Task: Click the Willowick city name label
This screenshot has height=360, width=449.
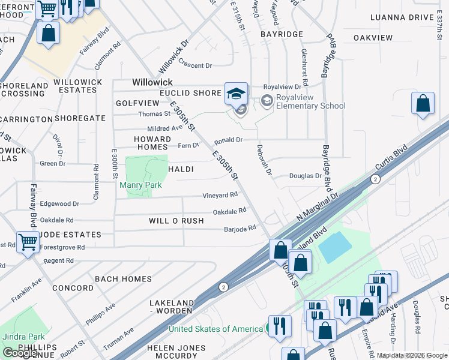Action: coord(152,82)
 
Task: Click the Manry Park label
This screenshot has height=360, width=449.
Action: coord(140,185)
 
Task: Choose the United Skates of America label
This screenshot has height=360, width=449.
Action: coord(215,329)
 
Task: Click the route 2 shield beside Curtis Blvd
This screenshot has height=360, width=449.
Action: coord(375,179)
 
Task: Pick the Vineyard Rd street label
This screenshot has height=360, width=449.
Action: coord(220,195)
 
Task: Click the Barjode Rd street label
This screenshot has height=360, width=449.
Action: coord(240,228)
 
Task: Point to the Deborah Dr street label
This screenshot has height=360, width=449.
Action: coord(265,158)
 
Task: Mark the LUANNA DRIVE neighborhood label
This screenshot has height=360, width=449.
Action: coord(411,17)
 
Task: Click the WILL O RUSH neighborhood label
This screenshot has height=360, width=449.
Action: coord(176,221)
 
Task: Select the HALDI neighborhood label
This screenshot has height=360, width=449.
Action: coord(181,170)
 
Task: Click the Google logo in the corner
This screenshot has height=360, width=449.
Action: coord(19,353)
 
